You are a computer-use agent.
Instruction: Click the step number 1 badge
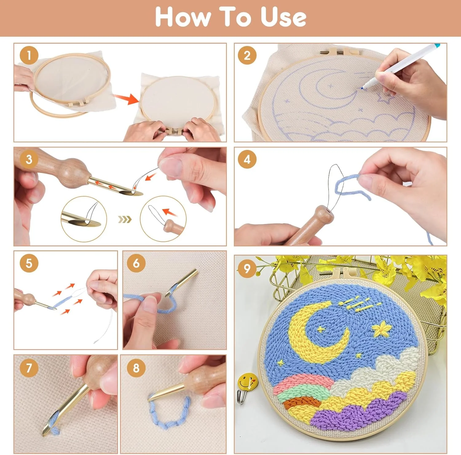(x=29, y=55)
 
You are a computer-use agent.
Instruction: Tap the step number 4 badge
(x=247, y=159)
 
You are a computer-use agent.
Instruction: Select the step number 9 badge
(x=247, y=269)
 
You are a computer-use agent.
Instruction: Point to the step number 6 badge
(x=136, y=263)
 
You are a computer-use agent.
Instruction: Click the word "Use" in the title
(x=283, y=17)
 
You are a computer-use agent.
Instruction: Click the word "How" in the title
(x=183, y=17)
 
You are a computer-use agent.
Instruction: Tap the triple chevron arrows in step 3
(x=125, y=219)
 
